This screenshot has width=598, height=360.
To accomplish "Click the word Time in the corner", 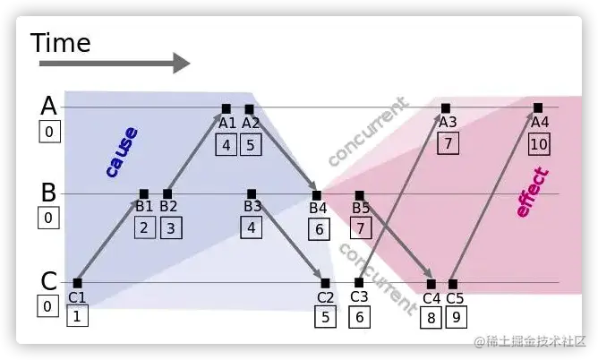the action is (61, 42).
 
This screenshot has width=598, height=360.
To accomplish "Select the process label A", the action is (49, 106).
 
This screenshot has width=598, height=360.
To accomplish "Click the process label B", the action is (49, 192).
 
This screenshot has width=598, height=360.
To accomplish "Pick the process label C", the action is (49, 280).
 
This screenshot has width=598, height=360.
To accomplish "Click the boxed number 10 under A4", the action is (538, 143).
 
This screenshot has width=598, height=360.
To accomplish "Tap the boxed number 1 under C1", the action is (77, 315).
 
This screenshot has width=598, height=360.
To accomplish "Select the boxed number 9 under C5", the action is (455, 316).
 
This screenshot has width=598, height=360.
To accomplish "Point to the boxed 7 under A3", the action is (448, 142).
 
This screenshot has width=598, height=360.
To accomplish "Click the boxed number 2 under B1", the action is (143, 227).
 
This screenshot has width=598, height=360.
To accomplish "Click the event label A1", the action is (227, 124).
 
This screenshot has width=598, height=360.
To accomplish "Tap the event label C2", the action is (326, 297).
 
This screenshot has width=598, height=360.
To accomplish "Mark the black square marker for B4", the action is (316, 194).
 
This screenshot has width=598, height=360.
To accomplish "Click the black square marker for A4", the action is (538, 108).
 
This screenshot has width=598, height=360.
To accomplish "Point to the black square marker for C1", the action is (77, 283).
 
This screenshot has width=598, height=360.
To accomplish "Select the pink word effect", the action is (533, 192).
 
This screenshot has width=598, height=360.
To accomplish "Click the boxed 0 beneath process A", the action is (49, 133).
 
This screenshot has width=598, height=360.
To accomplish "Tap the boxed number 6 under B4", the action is (319, 228).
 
